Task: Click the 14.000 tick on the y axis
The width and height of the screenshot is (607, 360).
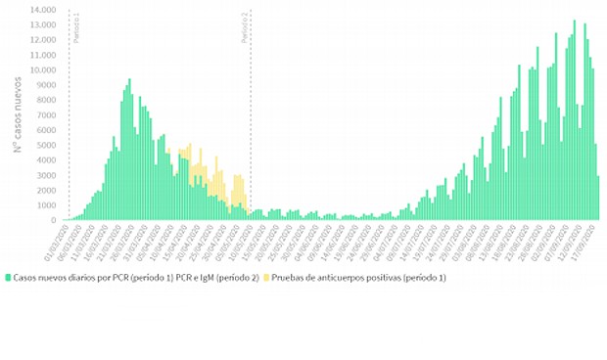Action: pyautogui.click(x=42, y=10)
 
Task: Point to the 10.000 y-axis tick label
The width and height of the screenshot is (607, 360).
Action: pyautogui.click(x=42, y=69)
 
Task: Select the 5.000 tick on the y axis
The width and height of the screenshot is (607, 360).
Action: pyautogui.click(x=45, y=145)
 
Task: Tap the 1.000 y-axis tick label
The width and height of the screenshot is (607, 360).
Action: pyautogui.click(x=45, y=204)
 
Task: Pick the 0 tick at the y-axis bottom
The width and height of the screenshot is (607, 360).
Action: pyautogui.click(x=53, y=219)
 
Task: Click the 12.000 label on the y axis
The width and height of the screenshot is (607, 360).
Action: pyautogui.click(x=42, y=40)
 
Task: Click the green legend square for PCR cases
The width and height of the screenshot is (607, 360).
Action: pyautogui.click(x=9, y=278)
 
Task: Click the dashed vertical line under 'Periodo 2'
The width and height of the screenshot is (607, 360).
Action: pyautogui.click(x=252, y=117)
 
